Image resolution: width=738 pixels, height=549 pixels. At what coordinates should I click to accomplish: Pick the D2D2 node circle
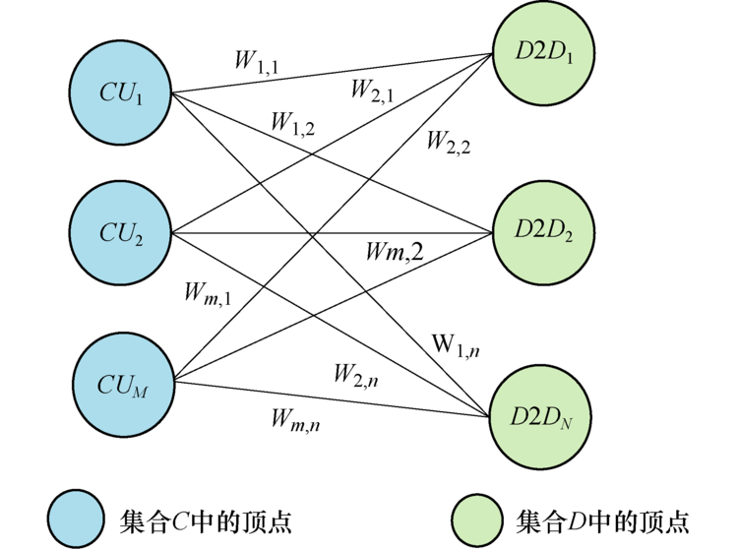[542, 232]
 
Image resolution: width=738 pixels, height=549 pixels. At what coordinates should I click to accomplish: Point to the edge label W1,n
[456, 345]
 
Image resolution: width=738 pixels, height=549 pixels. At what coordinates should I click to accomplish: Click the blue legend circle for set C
[76, 518]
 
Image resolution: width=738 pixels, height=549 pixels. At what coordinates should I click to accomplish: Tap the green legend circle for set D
[479, 518]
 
